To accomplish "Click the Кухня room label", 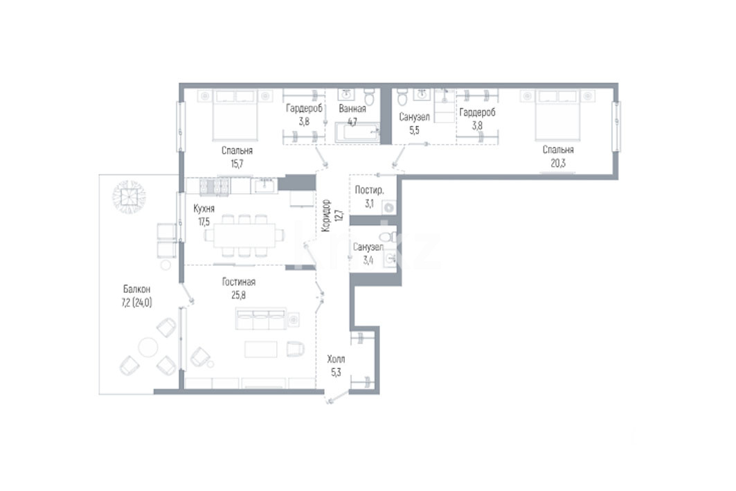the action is (x=204, y=209).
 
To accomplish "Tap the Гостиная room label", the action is (x=238, y=282).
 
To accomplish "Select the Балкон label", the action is (x=136, y=289).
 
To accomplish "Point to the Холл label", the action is (x=336, y=359).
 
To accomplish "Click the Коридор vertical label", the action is (x=326, y=216).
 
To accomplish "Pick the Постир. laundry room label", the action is (x=370, y=190).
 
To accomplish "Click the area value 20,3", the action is (x=557, y=164).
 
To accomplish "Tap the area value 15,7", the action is (x=237, y=164).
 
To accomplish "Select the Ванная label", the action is (x=352, y=109).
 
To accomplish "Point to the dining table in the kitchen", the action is (x=244, y=235).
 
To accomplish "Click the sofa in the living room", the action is (x=261, y=319).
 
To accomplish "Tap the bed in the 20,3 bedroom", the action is (x=557, y=115).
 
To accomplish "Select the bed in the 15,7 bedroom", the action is (x=235, y=116).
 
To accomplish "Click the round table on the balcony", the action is (x=148, y=348).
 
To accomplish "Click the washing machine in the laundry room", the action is (x=389, y=207).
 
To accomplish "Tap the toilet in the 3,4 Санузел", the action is (x=387, y=237).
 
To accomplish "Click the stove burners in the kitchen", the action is (x=215, y=186).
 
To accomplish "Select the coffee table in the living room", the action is (x=261, y=349).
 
